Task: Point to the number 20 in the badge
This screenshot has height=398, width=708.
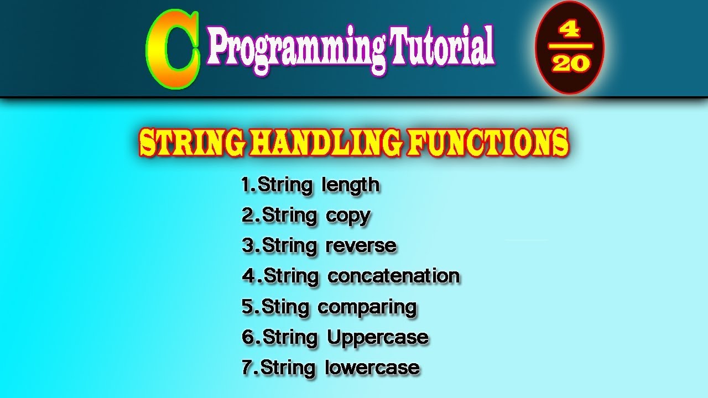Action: click(x=570, y=64)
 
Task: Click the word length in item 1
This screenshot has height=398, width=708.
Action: click(x=351, y=185)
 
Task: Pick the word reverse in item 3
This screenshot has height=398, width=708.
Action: click(x=361, y=245)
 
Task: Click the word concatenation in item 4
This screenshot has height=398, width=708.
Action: click(x=393, y=276)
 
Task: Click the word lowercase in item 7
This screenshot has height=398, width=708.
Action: click(x=372, y=368)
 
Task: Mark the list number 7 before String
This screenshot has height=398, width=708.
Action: click(x=247, y=368)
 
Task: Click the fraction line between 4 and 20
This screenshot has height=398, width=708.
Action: click(x=570, y=46)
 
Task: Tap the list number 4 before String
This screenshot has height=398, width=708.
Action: click(x=248, y=276)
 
